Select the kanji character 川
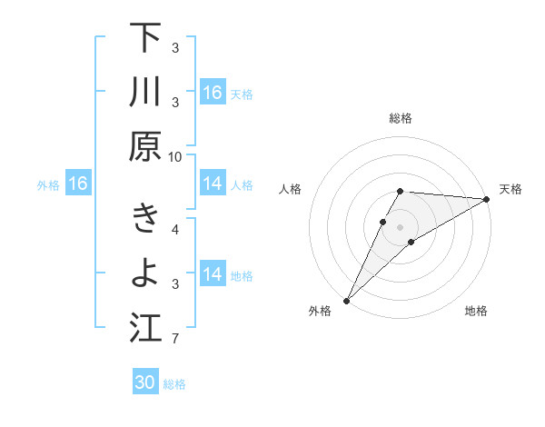pos(145,92)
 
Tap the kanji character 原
pos(145,145)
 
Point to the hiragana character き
pos(145,219)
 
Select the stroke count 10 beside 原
pos(175,156)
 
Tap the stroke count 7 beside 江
pos(175,340)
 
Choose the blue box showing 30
pos(145,382)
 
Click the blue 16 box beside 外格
pos(77,184)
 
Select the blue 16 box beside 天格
pos(212,93)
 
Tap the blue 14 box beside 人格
pos(212,184)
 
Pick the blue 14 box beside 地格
pos(212,274)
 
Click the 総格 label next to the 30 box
pos(174,384)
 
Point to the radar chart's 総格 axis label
pos(401,118)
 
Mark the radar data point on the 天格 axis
pos(486,199)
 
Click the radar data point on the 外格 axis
pos(346,301)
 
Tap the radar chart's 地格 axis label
pos(476,312)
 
